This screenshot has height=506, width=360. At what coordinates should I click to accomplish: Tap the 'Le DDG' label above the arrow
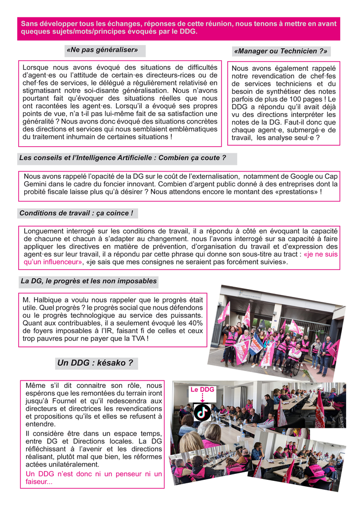pos(202,389)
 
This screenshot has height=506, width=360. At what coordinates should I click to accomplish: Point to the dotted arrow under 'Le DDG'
pos(202,398)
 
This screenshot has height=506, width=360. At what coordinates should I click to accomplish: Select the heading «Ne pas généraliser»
pos(102,50)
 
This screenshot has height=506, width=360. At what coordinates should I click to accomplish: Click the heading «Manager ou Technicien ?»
pos(280,51)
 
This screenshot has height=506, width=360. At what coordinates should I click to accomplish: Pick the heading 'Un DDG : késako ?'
pos(95,363)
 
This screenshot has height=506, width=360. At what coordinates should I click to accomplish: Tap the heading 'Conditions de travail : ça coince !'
pos(76,213)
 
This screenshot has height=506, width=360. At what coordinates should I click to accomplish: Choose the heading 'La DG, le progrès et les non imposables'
pos(88,281)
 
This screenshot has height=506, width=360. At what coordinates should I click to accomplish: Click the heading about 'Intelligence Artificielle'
pos(122,158)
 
